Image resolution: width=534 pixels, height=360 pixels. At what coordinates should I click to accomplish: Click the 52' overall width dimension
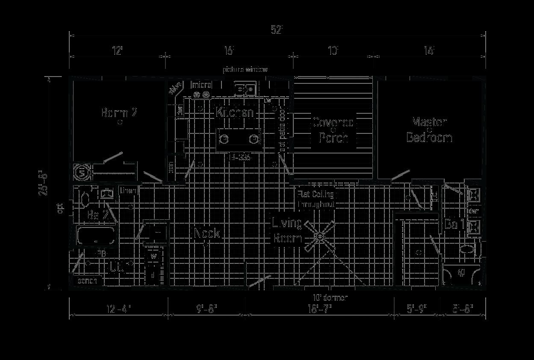click(277, 30)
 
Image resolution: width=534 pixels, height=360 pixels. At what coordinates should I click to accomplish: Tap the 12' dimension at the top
click(118, 51)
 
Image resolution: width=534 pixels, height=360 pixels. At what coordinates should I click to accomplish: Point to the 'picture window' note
click(245, 69)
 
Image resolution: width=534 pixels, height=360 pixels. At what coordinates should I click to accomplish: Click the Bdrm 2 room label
click(119, 113)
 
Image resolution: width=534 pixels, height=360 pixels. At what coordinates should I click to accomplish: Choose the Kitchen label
click(235, 112)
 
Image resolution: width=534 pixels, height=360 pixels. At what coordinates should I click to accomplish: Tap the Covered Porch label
click(333, 130)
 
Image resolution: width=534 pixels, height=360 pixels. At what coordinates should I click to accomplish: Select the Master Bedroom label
click(429, 130)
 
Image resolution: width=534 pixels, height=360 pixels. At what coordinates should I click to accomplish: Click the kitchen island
click(239, 139)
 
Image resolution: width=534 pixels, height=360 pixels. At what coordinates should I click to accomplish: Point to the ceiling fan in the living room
click(319, 236)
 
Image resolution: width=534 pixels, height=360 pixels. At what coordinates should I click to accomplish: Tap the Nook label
click(207, 233)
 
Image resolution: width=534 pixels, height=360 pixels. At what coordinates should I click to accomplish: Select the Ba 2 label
click(97, 215)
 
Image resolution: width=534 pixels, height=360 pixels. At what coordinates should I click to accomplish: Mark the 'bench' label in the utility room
click(87, 281)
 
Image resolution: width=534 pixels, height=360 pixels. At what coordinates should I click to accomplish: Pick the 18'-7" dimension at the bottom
click(319, 309)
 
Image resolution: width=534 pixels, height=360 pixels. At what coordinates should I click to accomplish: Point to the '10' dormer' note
click(330, 298)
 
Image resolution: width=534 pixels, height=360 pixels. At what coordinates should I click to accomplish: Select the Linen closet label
click(128, 190)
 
